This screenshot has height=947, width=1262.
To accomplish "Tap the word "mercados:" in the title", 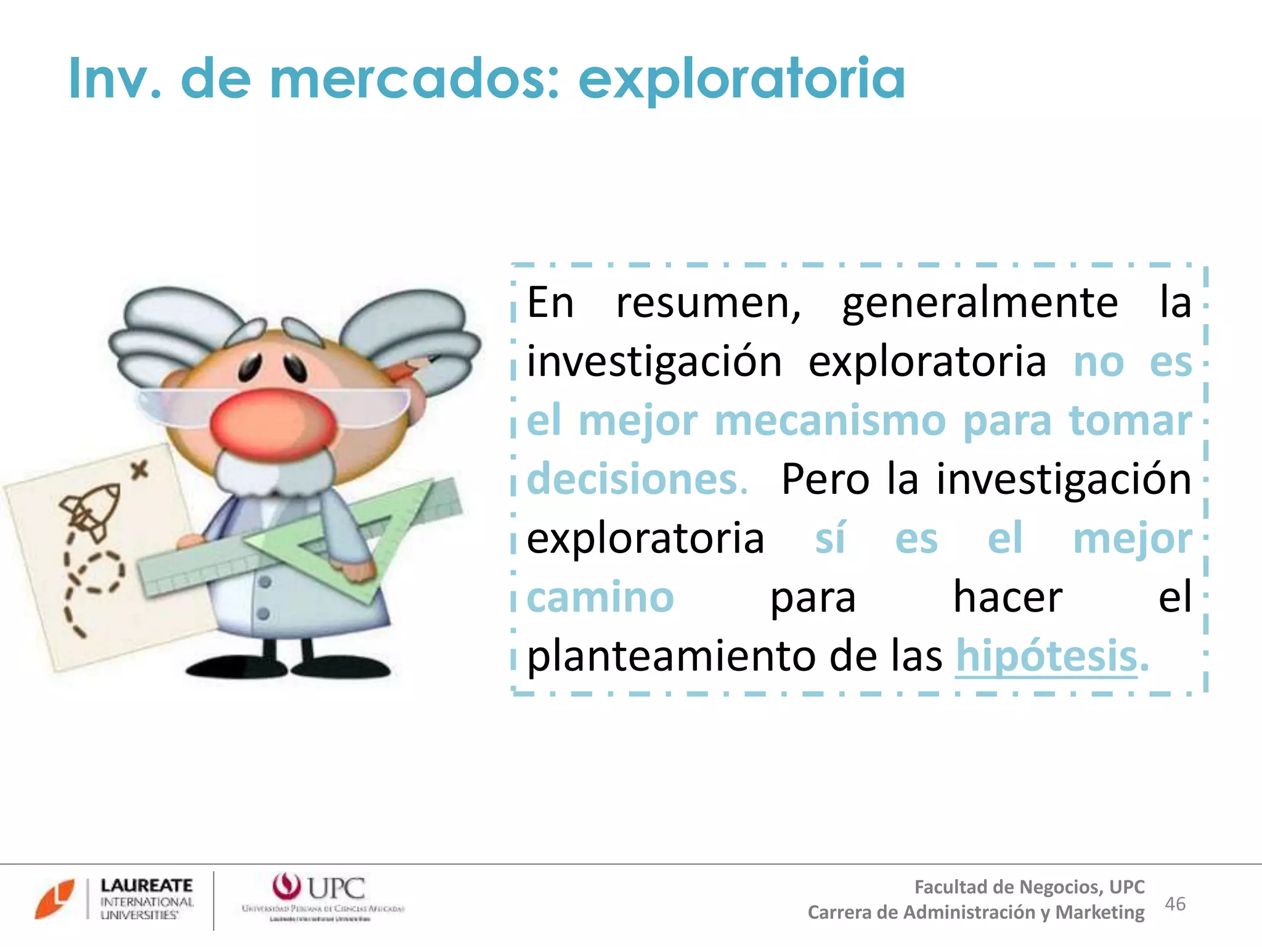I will (x=414, y=79).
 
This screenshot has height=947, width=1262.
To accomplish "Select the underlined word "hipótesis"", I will (x=1046, y=656).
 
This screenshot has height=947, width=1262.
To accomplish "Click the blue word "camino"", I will (x=600, y=597).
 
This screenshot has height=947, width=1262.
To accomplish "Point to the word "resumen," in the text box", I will (x=709, y=303).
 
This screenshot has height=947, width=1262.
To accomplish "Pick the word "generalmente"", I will (x=980, y=303).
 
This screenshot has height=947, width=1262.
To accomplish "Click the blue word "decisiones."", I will (x=637, y=480).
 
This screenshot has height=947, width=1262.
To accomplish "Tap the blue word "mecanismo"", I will (x=830, y=421).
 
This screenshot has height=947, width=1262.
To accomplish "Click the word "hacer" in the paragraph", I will (x=1008, y=597).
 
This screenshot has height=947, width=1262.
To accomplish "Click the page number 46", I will (x=1175, y=904).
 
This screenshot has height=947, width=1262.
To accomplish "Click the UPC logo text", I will (x=336, y=888).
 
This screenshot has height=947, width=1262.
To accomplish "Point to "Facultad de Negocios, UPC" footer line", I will (x=1029, y=887).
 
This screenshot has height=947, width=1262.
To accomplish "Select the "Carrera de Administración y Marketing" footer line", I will (x=976, y=912).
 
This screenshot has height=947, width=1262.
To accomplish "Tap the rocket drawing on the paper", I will (x=91, y=510).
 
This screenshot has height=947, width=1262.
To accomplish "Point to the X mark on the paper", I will (x=140, y=471).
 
